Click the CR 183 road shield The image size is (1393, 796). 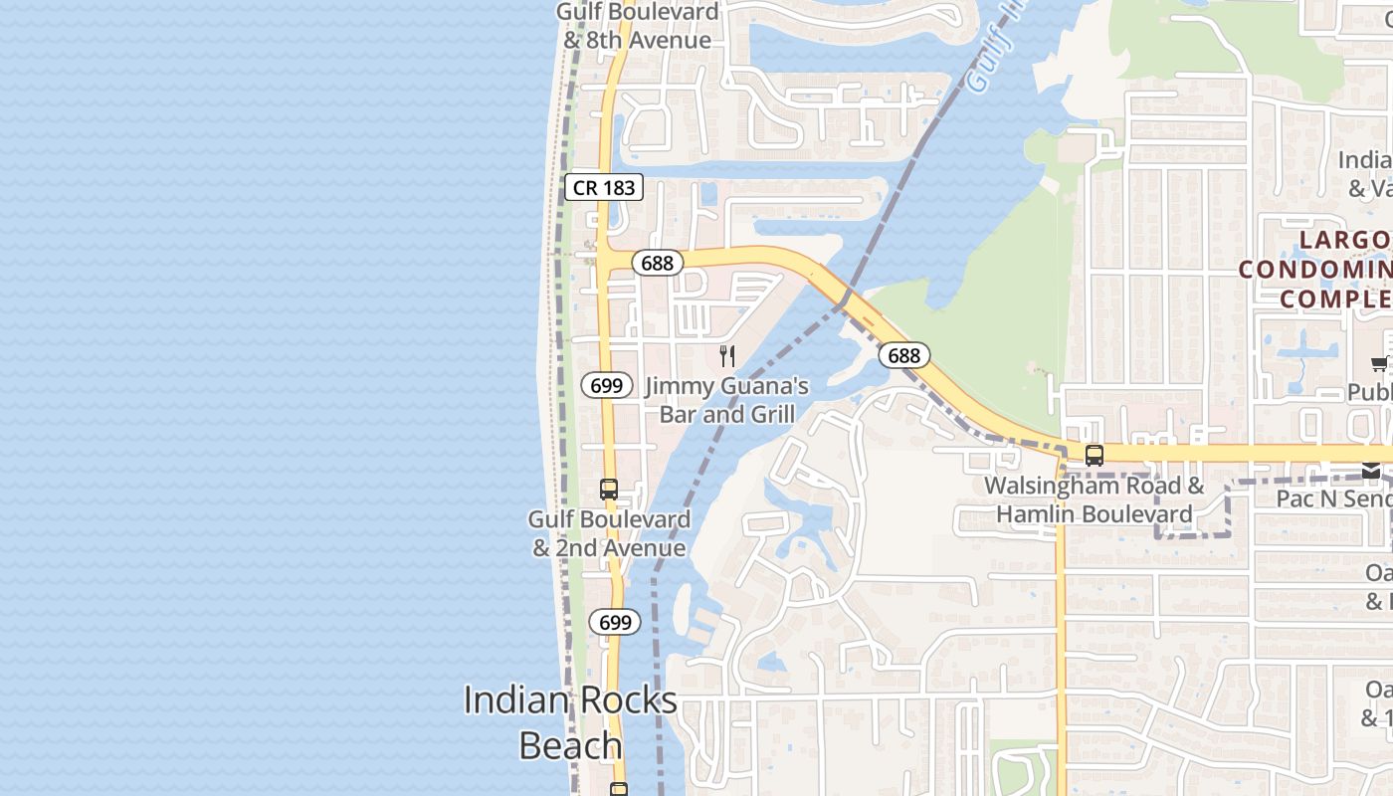coord(603,187)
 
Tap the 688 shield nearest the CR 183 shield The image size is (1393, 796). coord(657,264)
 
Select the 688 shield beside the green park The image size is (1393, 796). coord(903,355)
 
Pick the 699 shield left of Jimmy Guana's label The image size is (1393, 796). coord(606,385)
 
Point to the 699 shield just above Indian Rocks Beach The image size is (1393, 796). coord(615,623)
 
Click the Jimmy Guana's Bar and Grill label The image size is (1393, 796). coord(727,400)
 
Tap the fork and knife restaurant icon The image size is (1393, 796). coord(727,356)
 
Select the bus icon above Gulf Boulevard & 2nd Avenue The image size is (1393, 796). coord(609,490)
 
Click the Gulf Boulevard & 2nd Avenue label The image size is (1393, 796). coord(609,533)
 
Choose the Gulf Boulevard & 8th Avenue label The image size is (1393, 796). coord(637,26)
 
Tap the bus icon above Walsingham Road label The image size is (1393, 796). coord(1094,456)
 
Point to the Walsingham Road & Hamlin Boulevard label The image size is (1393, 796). coord(1094,500)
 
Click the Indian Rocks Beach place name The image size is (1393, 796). coord(570,722)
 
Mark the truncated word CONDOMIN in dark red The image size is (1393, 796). coord(1315,269)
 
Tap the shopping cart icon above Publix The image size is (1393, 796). coord(1380,364)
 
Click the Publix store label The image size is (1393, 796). coord(1370,392)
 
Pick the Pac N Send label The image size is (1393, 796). coord(1334,497)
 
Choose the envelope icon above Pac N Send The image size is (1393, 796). coord(1371,471)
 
